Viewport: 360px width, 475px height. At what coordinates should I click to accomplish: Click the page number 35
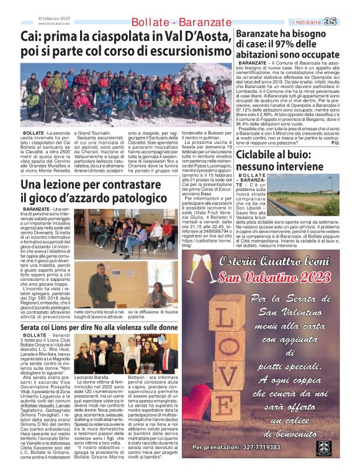348,22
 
